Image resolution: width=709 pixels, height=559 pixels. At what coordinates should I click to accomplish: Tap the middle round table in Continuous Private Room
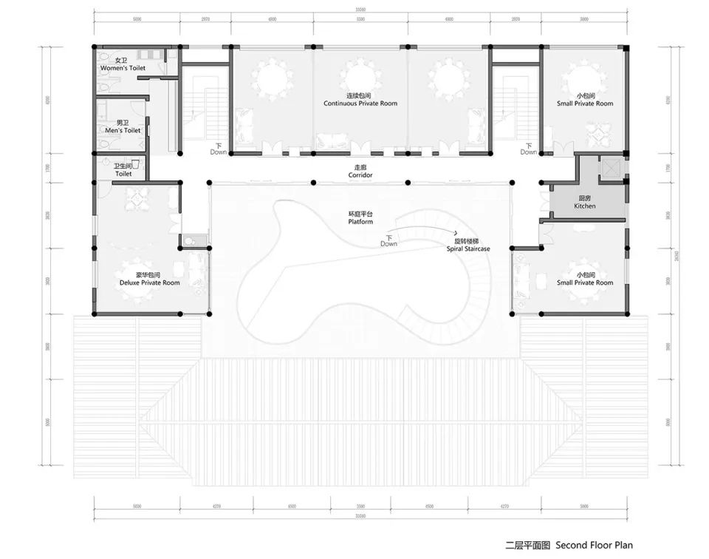360,77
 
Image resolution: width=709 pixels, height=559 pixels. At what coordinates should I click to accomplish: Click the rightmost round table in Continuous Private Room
448,77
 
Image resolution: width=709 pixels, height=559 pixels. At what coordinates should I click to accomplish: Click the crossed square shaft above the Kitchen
613,169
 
